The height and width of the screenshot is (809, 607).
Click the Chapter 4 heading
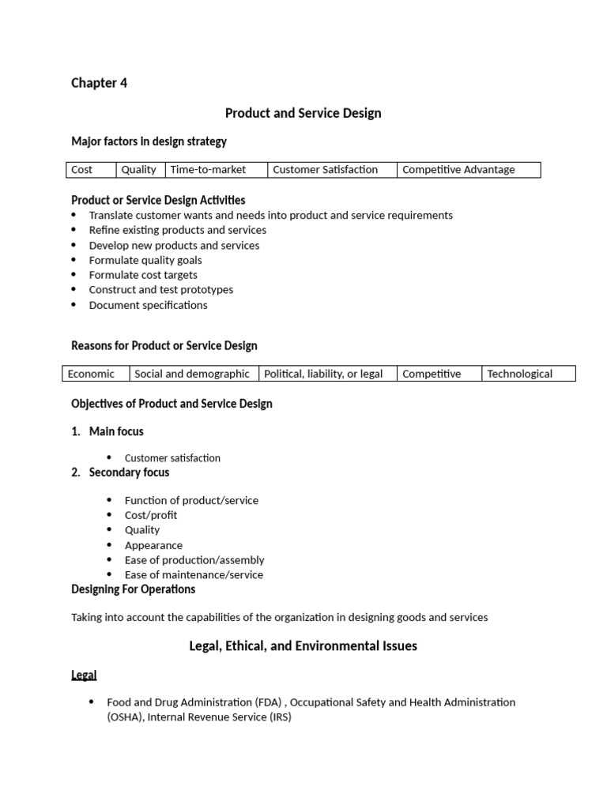pyautogui.click(x=99, y=83)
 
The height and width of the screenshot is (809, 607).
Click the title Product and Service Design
pyautogui.click(x=303, y=113)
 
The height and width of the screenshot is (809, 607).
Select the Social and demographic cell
pyautogui.click(x=192, y=374)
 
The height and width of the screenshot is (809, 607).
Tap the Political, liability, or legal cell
pyautogui.click(x=323, y=374)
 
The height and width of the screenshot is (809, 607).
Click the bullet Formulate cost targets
pyautogui.click(x=143, y=275)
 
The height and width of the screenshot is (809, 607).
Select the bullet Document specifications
pyautogui.click(x=148, y=305)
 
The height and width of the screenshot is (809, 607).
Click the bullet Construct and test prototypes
pyautogui.click(x=160, y=290)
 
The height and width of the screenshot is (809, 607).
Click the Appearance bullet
pyautogui.click(x=153, y=545)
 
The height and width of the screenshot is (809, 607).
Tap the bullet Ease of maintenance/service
pyautogui.click(x=194, y=575)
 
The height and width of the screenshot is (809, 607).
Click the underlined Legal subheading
pyautogui.click(x=84, y=675)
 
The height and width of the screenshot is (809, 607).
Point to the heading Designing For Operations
pyautogui.click(x=133, y=589)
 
